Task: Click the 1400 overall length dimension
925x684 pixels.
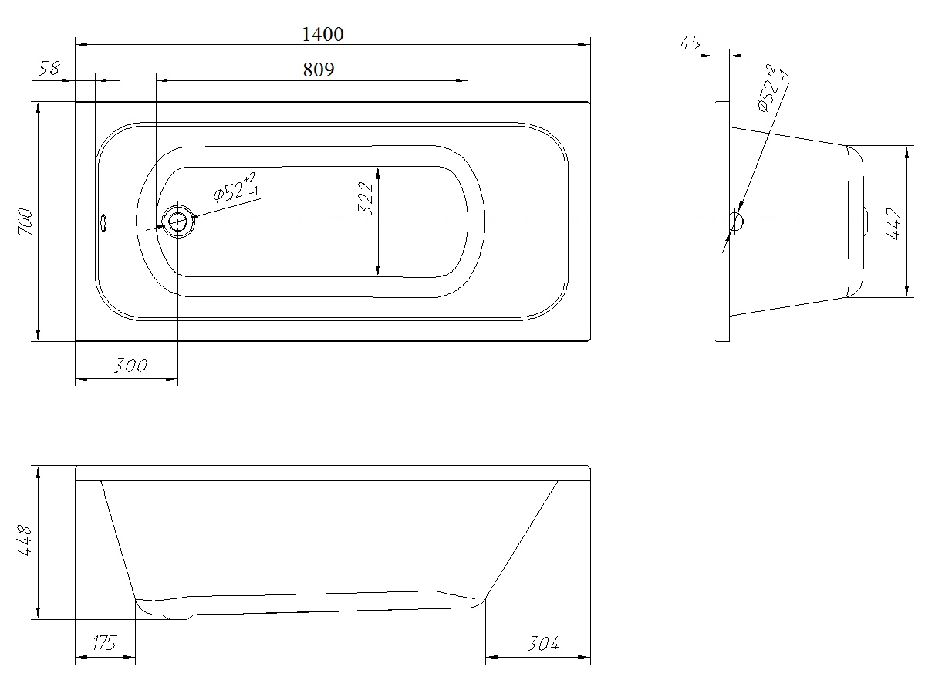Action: click(x=322, y=34)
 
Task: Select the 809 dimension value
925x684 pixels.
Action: click(x=319, y=69)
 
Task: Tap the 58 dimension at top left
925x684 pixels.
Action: click(x=49, y=69)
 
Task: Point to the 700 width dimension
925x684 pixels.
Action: click(x=25, y=222)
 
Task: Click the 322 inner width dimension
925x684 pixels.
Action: click(x=366, y=198)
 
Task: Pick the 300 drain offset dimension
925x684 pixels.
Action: click(x=130, y=366)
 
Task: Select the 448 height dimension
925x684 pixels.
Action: click(x=25, y=540)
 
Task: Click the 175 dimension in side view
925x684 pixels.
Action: click(x=104, y=642)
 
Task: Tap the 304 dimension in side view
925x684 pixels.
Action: click(x=542, y=643)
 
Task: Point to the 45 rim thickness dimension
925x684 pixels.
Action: click(x=690, y=42)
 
